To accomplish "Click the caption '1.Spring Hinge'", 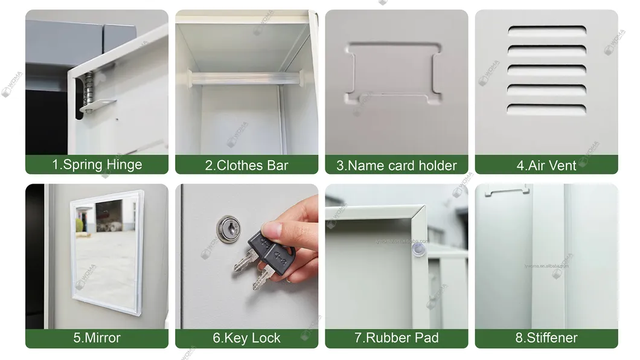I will pos(97,165).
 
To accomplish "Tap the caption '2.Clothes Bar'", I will pos(246,165).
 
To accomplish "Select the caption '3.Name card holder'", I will pos(396,165).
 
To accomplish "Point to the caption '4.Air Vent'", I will pos(546,165).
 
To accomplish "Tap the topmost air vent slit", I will pos(546,31).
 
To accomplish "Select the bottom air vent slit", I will pos(546,109).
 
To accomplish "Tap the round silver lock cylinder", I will pos(227,228).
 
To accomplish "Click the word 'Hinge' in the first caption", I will pos(125,165).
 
